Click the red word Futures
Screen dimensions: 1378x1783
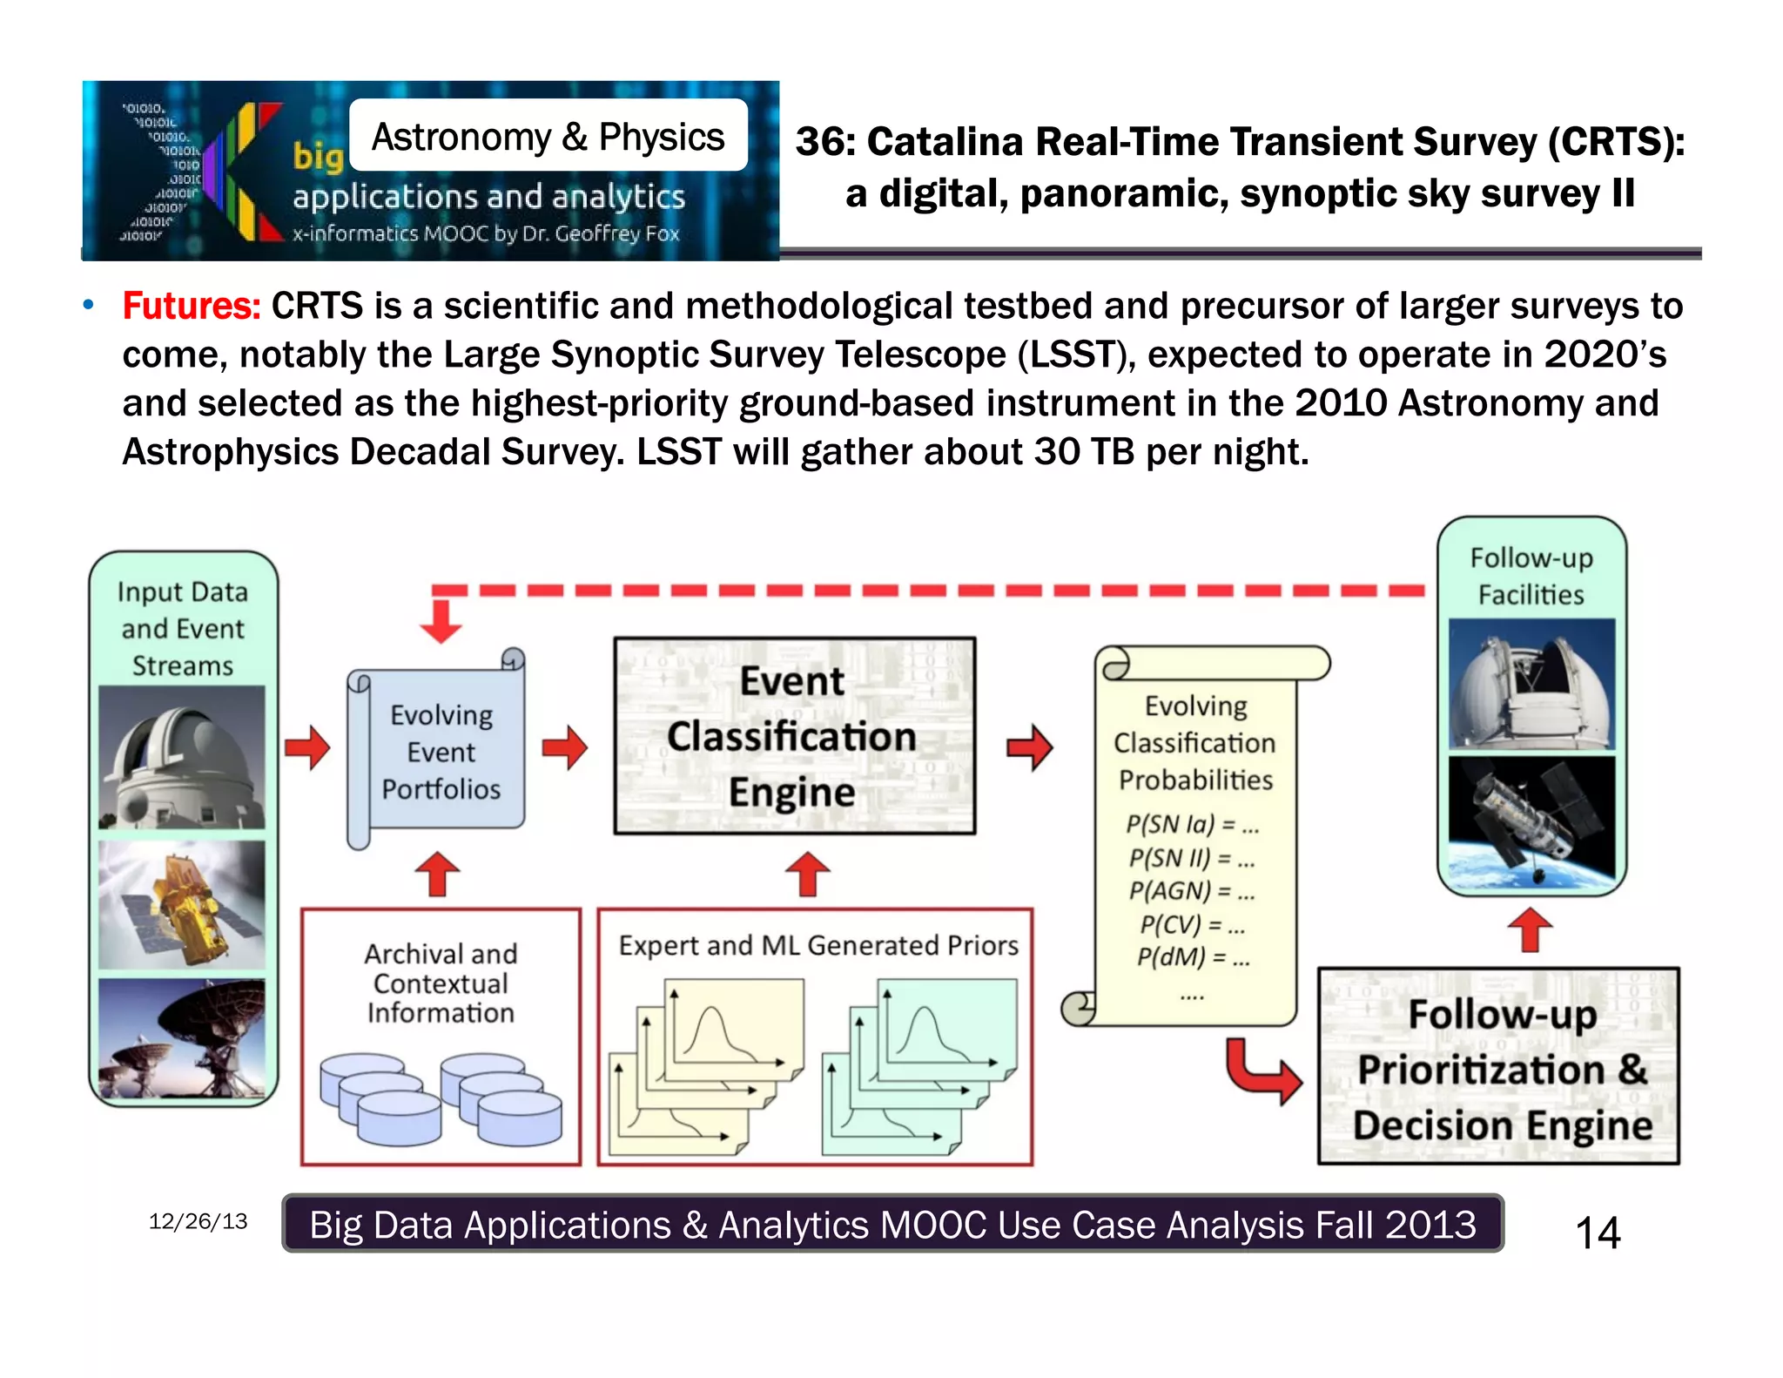pos(191,307)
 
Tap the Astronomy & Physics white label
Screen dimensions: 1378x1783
pos(548,137)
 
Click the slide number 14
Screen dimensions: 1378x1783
pos(1597,1233)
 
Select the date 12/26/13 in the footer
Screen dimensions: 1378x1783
pos(198,1221)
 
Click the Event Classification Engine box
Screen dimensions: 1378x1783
pos(793,736)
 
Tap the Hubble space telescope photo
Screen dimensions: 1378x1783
pos(1531,817)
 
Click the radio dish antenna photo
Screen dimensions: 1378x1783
pos(181,1038)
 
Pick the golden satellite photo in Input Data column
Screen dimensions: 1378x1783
pos(181,904)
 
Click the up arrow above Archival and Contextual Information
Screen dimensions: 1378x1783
pos(437,874)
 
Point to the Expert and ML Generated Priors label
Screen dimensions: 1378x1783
pos(817,945)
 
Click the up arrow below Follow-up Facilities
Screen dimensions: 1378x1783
pos(1530,929)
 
